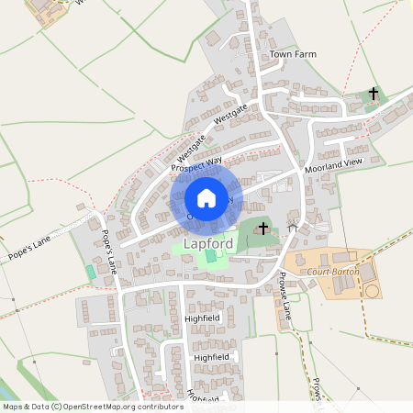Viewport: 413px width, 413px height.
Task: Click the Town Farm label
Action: tap(293, 55)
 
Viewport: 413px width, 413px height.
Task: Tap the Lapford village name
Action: tap(209, 243)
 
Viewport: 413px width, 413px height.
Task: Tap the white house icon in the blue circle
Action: tap(206, 197)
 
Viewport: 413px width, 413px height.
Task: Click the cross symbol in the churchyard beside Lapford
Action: tap(264, 227)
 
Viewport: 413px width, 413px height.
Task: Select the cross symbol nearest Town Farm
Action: tap(373, 94)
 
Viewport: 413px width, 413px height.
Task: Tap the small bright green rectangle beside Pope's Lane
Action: tap(90, 273)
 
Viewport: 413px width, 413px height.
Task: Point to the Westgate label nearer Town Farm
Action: tap(230, 116)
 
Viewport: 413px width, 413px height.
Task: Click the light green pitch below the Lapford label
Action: tap(211, 260)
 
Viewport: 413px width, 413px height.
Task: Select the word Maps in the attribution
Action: tap(14, 405)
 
